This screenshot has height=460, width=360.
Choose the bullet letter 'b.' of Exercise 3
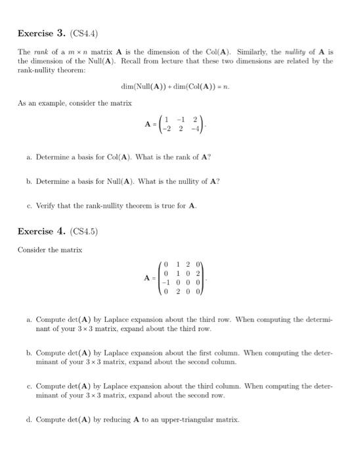(30, 181)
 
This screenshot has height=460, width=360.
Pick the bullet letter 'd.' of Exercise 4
(30, 419)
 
